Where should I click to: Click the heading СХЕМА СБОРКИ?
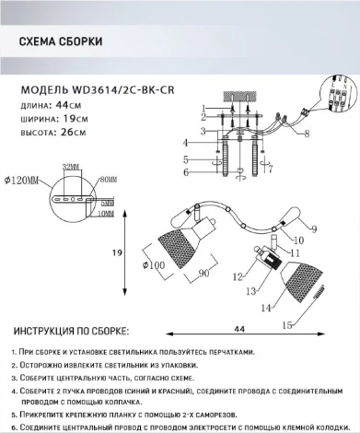[61, 41]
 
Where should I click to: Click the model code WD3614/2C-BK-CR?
[123, 91]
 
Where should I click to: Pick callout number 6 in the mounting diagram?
[186, 172]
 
